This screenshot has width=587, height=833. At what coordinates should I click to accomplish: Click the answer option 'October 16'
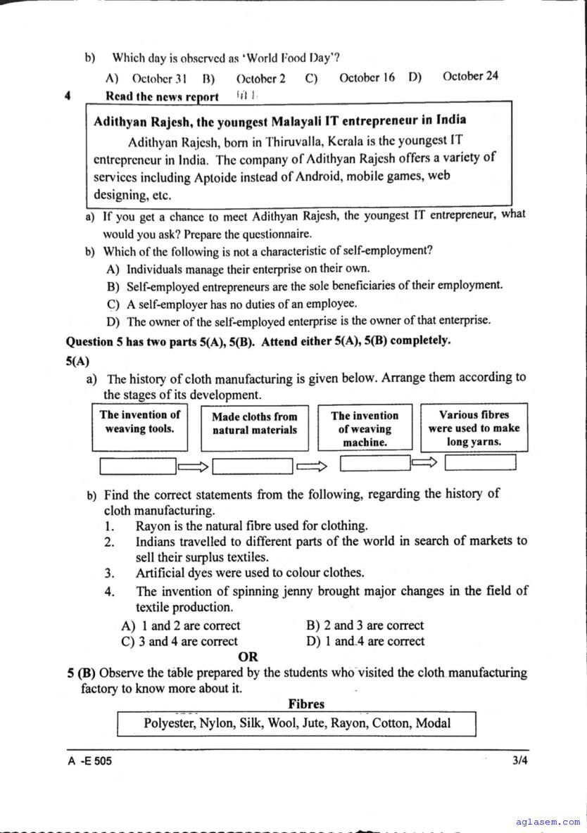(367, 78)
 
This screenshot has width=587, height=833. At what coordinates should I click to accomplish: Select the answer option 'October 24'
(470, 76)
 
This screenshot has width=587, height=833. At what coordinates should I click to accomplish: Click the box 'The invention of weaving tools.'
(139, 428)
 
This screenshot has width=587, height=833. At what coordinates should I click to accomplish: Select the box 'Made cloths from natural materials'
(254, 428)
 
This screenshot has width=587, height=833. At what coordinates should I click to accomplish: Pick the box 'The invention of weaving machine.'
(365, 428)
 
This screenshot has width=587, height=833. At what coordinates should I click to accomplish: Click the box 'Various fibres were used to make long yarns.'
(474, 428)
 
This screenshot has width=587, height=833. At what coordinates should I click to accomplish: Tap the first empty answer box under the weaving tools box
(138, 466)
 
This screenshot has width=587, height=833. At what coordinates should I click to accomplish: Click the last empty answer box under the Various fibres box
(480, 462)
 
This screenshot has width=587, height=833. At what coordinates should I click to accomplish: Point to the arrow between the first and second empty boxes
(194, 466)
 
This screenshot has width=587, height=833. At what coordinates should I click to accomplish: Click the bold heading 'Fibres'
(306, 704)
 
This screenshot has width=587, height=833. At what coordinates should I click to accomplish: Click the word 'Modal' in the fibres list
(433, 723)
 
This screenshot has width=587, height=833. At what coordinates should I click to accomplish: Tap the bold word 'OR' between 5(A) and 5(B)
(248, 657)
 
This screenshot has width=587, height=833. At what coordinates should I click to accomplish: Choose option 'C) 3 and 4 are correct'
(179, 642)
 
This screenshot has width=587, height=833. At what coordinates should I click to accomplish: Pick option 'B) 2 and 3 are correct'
(365, 625)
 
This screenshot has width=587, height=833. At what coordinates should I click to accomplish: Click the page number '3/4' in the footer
(520, 761)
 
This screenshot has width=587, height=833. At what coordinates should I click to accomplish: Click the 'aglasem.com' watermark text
(548, 821)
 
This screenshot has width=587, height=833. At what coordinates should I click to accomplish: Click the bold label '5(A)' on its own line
(77, 361)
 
